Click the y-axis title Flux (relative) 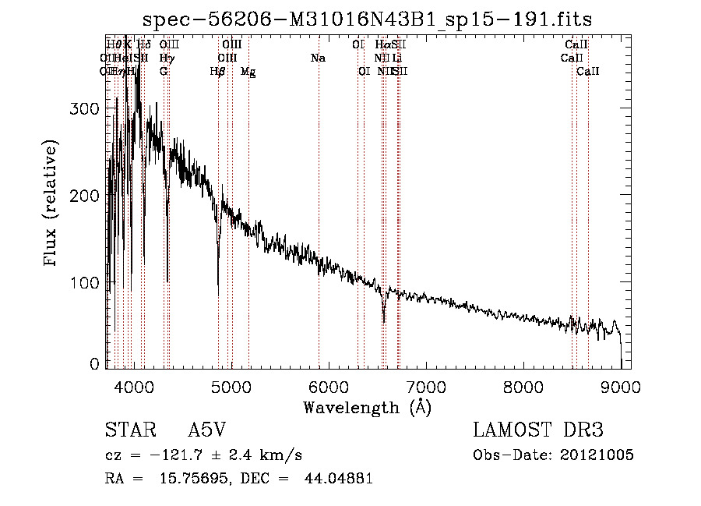click(x=52, y=204)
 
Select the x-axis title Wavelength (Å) click(x=367, y=407)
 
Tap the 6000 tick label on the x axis click(x=329, y=385)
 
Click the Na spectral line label click(x=318, y=58)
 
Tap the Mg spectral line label click(x=248, y=72)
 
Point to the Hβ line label click(x=218, y=72)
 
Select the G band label click(x=164, y=72)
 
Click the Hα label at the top click(x=382, y=45)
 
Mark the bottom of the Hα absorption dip click(x=383, y=320)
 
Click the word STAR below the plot click(x=125, y=431)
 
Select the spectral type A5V click(x=207, y=431)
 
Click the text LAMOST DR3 click(x=537, y=431)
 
